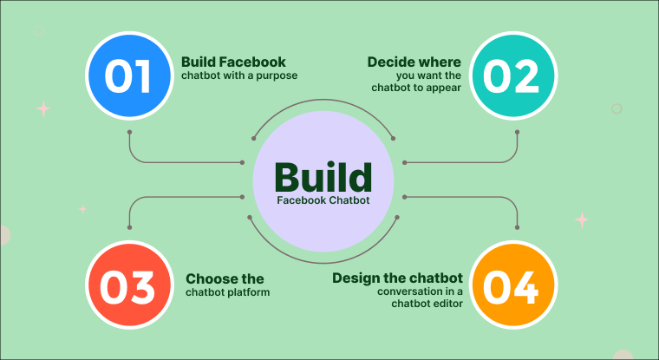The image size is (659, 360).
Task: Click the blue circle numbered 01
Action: pos(129,75)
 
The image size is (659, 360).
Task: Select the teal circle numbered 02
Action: pos(511,75)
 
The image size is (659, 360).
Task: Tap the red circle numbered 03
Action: pos(129,286)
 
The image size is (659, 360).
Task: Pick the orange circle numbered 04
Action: pos(511,286)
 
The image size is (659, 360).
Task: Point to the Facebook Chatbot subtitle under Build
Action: pos(323,200)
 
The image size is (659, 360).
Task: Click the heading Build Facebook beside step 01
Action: pos(233,62)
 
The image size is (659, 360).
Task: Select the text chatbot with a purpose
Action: pos(238,75)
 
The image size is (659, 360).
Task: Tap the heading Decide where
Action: pos(414,62)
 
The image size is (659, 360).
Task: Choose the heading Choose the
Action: pos(225,279)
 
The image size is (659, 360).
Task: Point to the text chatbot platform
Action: pos(227,292)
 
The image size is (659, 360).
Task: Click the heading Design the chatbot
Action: pos(397,278)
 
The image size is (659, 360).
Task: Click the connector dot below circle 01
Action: pos(129,133)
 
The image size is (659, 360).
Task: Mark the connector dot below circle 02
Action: pos(518,133)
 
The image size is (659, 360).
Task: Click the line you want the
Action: pos(424,75)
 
